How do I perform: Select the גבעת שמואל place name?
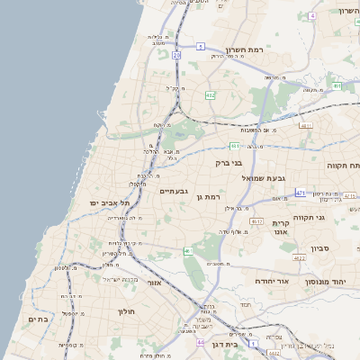tap(262, 178)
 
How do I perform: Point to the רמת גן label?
tap(212, 196)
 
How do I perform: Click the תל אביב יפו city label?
tap(111, 204)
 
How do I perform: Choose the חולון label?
tap(125, 312)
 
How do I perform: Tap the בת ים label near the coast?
tap(38, 319)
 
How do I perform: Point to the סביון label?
tap(321, 247)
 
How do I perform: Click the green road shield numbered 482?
tap(210, 94)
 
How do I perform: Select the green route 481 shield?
tap(235, 145)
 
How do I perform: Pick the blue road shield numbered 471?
tap(300, 193)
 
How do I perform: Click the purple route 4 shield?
tap(312, 16)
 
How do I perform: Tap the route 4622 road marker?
tap(299, 257)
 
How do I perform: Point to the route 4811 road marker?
tap(306, 126)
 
